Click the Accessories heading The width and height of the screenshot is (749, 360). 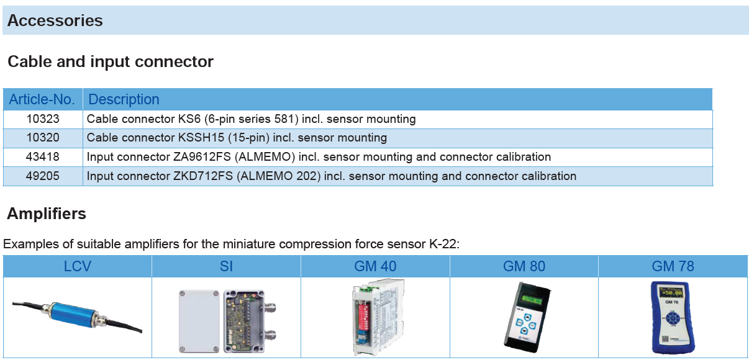(x=55, y=20)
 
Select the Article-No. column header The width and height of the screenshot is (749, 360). (x=42, y=99)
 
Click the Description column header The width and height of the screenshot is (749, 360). (x=124, y=99)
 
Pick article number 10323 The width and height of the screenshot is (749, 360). (x=43, y=119)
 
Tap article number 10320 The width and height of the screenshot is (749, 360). (x=43, y=138)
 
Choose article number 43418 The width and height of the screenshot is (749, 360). (x=43, y=157)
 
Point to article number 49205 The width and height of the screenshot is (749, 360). (x=43, y=176)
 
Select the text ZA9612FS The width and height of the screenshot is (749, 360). (x=202, y=157)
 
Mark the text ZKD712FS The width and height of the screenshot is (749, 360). (x=203, y=176)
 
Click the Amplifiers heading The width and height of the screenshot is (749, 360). (x=47, y=214)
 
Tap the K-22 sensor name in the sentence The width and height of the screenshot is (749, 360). (x=445, y=244)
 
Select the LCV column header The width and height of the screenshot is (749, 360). (x=77, y=266)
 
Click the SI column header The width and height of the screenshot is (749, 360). (x=226, y=266)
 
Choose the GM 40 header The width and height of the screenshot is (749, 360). (x=375, y=266)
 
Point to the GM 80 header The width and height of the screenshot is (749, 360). (x=524, y=266)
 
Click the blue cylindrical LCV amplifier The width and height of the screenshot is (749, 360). (x=73, y=315)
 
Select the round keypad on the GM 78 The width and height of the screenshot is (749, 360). (x=672, y=318)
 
